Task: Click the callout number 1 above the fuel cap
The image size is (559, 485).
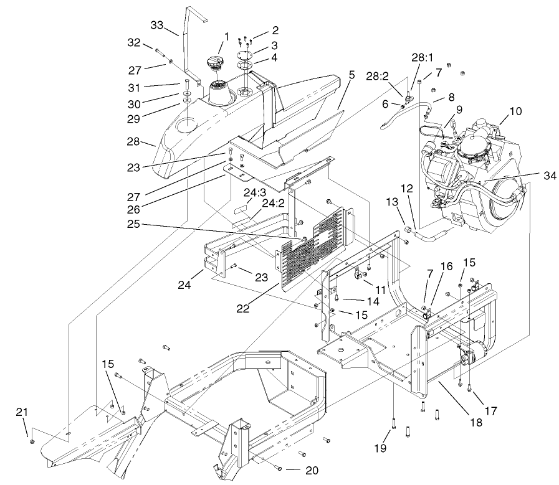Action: [227, 37]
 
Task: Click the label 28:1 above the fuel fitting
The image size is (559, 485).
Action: [421, 58]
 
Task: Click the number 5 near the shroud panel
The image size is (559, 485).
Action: [351, 74]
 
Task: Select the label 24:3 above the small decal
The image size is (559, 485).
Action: [256, 192]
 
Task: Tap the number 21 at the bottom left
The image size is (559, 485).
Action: [22, 413]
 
